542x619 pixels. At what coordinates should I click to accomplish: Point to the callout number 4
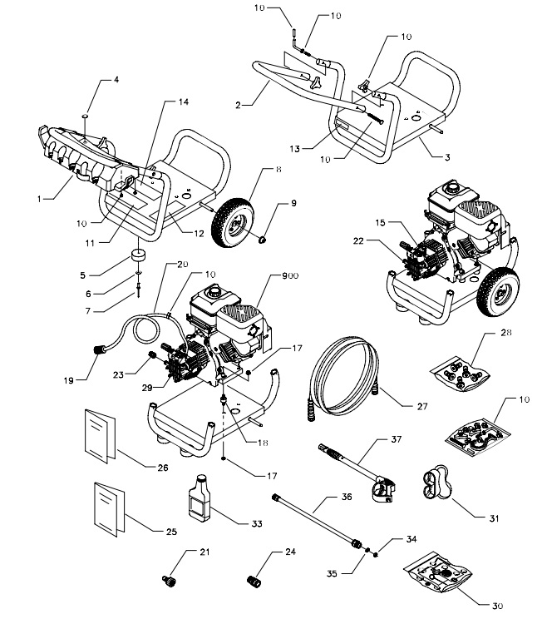(116, 80)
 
